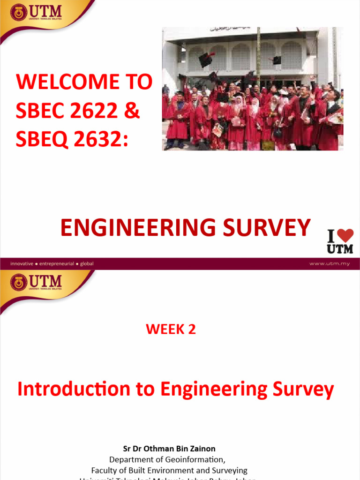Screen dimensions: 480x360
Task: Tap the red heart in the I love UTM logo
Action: point(345,235)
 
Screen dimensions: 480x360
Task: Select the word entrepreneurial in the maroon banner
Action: point(57,263)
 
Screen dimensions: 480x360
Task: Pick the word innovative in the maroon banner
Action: point(22,263)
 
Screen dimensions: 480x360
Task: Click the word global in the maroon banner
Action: point(87,263)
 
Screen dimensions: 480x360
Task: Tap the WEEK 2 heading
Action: point(171,330)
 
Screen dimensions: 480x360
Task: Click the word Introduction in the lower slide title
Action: point(74,390)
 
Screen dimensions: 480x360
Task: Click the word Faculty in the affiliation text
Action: point(104,470)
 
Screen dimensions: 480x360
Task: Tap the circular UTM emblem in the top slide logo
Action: point(19,13)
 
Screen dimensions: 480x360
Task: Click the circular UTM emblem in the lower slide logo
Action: point(19,283)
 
